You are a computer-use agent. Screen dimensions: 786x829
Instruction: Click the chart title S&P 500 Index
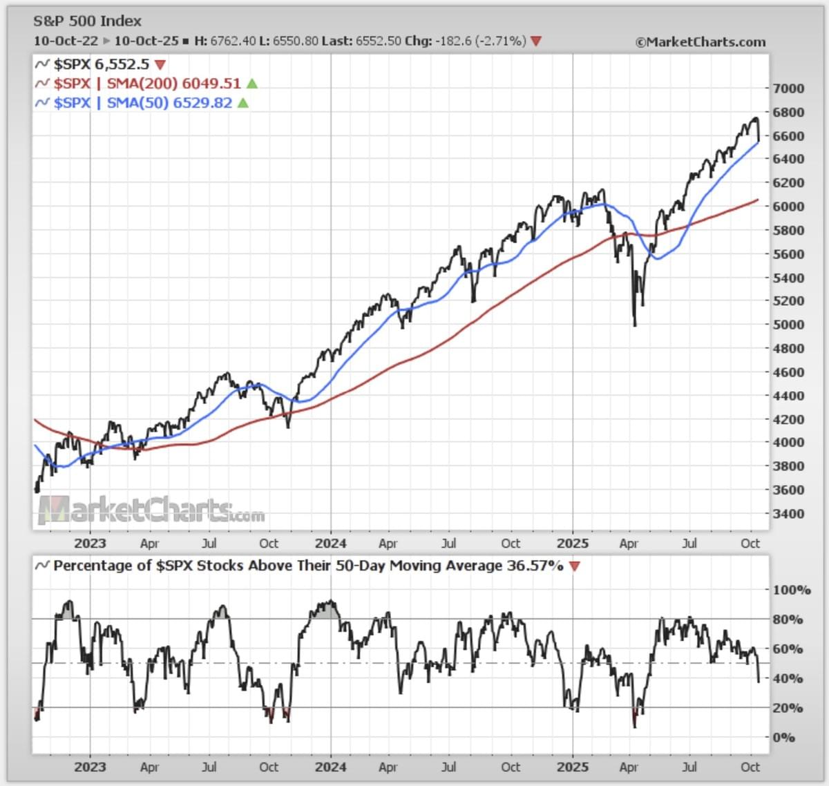click(87, 21)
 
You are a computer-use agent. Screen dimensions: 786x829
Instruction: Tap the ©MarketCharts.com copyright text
click(701, 42)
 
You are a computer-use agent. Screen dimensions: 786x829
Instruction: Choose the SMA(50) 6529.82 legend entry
click(142, 103)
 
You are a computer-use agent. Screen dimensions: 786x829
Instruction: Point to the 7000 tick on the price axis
click(788, 88)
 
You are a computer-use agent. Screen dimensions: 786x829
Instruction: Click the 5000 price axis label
click(788, 325)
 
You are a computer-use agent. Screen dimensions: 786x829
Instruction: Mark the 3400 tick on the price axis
click(788, 514)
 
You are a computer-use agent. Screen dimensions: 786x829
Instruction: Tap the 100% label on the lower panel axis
click(792, 590)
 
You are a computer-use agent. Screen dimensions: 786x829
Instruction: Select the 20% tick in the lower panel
click(788, 708)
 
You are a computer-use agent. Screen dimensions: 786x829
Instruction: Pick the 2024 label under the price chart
click(330, 544)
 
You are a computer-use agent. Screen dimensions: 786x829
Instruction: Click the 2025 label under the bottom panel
click(572, 767)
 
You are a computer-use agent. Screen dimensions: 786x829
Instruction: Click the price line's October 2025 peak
click(755, 119)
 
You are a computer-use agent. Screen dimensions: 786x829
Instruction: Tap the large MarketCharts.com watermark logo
click(151, 511)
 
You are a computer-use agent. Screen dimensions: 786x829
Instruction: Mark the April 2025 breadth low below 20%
click(634, 725)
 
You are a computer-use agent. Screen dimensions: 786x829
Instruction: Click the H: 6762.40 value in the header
click(225, 41)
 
